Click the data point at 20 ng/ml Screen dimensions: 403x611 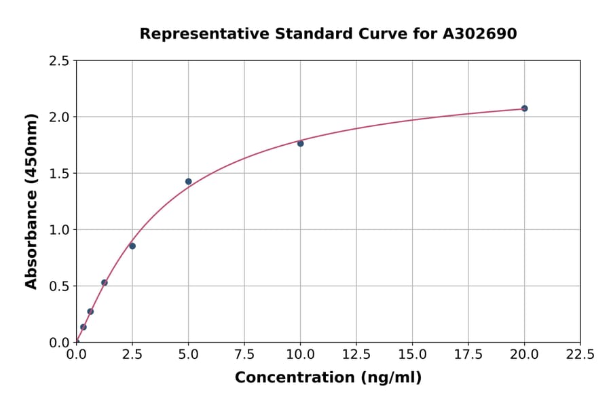click(x=524, y=109)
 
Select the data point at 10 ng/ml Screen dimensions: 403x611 click(x=300, y=143)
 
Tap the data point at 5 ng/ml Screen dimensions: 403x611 click(x=188, y=181)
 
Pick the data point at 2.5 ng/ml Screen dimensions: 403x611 click(x=132, y=246)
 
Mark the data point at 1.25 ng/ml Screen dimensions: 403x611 click(x=105, y=282)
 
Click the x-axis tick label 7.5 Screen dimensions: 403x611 click(x=244, y=354)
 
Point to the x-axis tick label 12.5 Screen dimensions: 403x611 click(x=356, y=354)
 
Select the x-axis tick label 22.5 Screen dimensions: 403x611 click(x=580, y=354)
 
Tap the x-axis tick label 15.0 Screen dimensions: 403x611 click(x=412, y=354)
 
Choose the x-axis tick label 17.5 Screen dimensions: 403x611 click(x=468, y=354)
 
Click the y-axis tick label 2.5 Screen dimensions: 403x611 click(x=59, y=61)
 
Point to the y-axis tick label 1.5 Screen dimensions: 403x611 click(x=59, y=174)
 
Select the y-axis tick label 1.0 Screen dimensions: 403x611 click(x=59, y=230)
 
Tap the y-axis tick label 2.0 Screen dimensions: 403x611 click(x=59, y=117)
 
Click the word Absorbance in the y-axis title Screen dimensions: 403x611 click(x=31, y=240)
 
